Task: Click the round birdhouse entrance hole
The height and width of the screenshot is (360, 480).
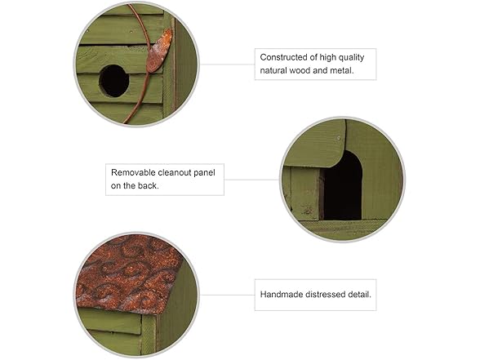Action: click(114, 81)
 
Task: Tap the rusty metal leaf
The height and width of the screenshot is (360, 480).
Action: click(159, 51)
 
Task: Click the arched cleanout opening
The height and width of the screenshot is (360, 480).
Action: click(343, 187)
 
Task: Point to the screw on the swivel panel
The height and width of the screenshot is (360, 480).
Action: click(339, 139)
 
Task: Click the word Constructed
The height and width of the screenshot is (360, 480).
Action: click(284, 57)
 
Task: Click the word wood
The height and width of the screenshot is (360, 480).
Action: click(300, 70)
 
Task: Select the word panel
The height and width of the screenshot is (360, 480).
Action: click(205, 173)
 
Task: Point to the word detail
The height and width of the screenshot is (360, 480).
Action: click(359, 295)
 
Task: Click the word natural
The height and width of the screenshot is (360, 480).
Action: click(273, 70)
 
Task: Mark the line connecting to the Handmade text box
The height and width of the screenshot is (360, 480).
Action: click(227, 296)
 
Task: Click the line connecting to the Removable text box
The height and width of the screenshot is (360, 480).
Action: click(251, 180)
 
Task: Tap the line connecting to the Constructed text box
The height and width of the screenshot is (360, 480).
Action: click(227, 64)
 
